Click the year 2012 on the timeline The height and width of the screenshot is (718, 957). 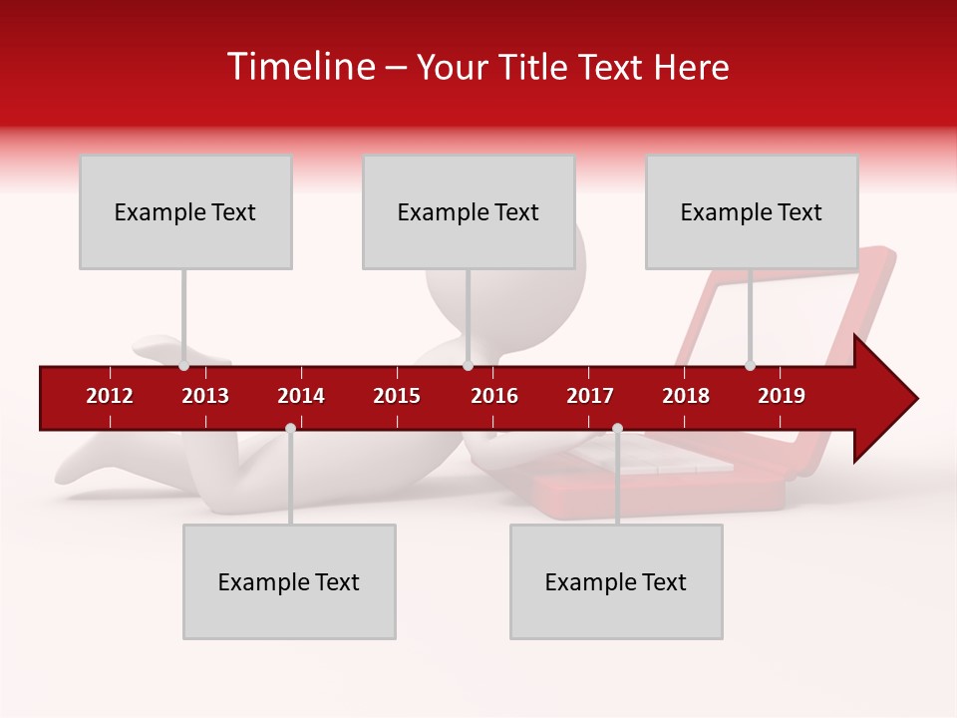coord(110,396)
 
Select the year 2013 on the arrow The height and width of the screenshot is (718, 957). coord(205,396)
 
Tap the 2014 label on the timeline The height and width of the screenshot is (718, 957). coord(301,396)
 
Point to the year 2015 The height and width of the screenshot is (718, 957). coord(397,396)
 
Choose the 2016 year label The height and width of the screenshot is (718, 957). coord(494,396)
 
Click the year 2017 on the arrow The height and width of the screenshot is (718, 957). coord(590,396)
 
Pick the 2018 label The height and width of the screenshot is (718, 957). coord(686,396)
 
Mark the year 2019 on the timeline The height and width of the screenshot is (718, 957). coord(782,396)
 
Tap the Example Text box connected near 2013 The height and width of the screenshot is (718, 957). coord(185,211)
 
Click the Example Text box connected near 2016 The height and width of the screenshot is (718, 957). coord(469,211)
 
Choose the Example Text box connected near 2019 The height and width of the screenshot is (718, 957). coord(752,211)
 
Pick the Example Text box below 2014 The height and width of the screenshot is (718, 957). coord(289,581)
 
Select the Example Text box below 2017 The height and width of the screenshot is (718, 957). coord(616,581)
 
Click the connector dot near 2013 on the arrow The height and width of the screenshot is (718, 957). coord(184,366)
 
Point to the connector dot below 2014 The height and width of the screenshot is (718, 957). coord(290,428)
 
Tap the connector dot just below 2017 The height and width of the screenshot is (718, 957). coord(617,428)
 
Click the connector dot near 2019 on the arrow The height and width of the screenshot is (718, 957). coord(750,366)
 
